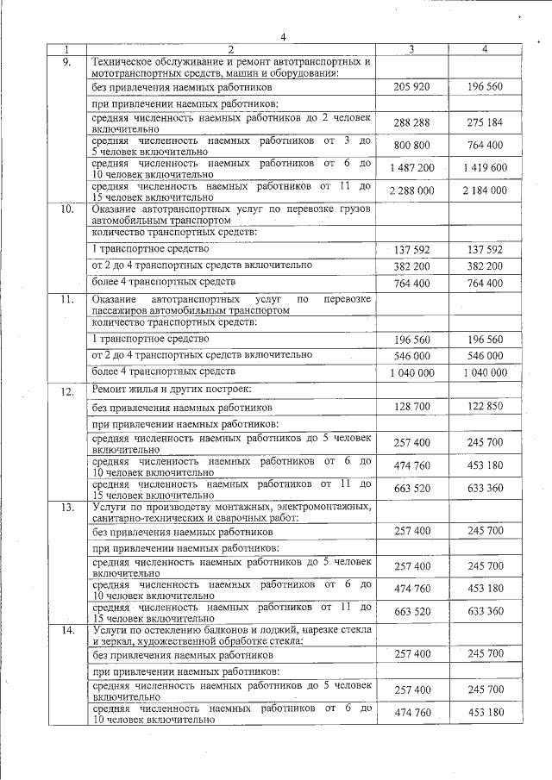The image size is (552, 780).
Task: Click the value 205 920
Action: click(x=411, y=88)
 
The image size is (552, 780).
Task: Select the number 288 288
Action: click(x=411, y=124)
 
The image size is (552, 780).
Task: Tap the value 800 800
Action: click(x=411, y=146)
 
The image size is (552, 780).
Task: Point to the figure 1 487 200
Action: click(x=411, y=168)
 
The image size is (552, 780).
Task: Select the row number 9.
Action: click(x=67, y=62)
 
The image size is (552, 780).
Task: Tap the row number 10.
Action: click(x=67, y=209)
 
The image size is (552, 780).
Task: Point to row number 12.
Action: click(x=67, y=392)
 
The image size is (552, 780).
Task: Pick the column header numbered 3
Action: click(x=411, y=48)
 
